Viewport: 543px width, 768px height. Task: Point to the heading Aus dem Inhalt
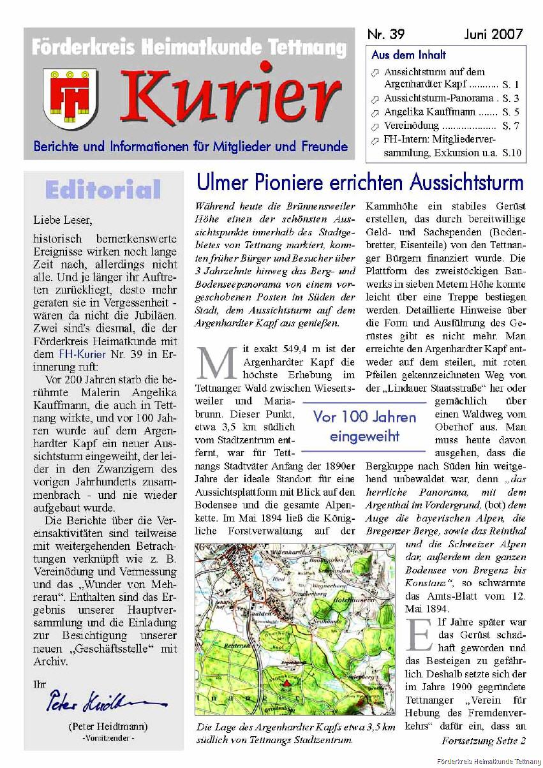[409, 55]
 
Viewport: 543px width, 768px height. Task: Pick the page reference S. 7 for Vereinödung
[510, 126]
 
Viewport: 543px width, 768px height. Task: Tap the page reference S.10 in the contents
[511, 152]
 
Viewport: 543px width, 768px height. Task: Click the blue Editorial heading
[103, 189]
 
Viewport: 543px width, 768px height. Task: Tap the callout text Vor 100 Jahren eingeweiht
[364, 427]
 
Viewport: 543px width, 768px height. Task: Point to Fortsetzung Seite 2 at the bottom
[483, 741]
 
